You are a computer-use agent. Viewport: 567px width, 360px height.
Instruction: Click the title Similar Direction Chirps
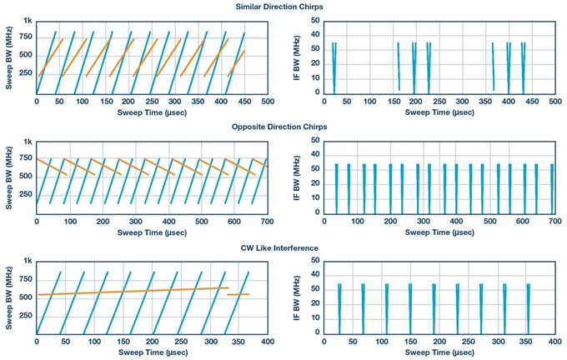click(x=284, y=7)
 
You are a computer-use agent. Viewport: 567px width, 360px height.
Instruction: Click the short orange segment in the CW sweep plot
click(x=238, y=294)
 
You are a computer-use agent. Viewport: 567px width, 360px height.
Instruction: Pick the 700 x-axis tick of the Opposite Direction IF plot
click(x=551, y=222)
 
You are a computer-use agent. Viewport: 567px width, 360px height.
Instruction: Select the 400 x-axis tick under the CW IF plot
click(x=551, y=342)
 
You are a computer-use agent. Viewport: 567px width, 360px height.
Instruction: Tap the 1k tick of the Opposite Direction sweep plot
click(x=27, y=142)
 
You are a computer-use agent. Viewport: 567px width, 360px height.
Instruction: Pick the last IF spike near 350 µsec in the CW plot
click(x=527, y=308)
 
